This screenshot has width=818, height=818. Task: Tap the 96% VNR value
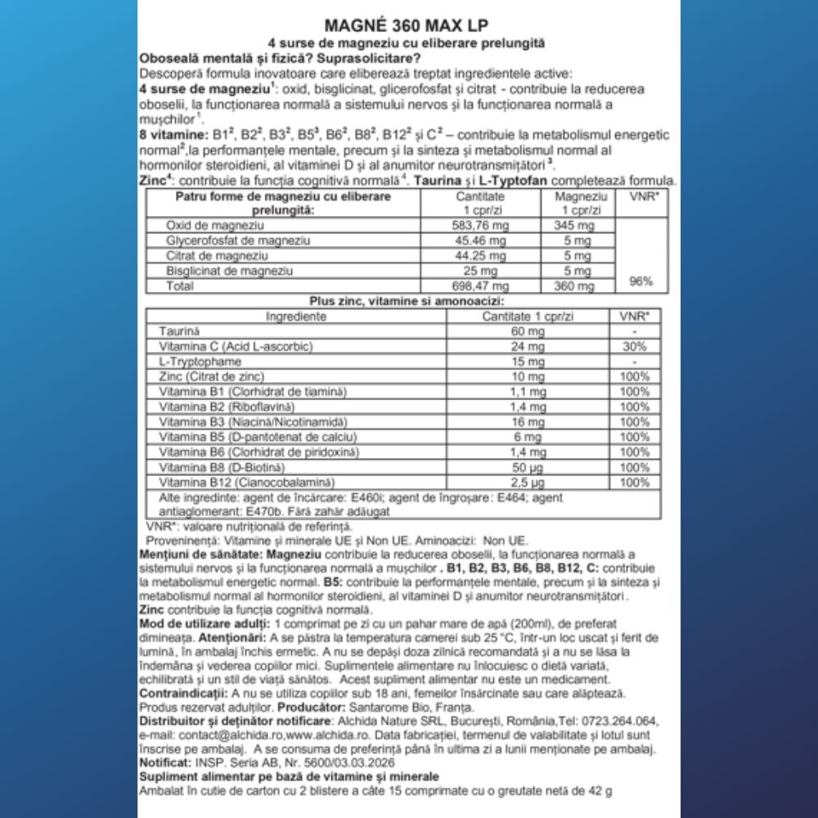point(640,281)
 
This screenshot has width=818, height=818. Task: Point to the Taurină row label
point(178,331)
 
